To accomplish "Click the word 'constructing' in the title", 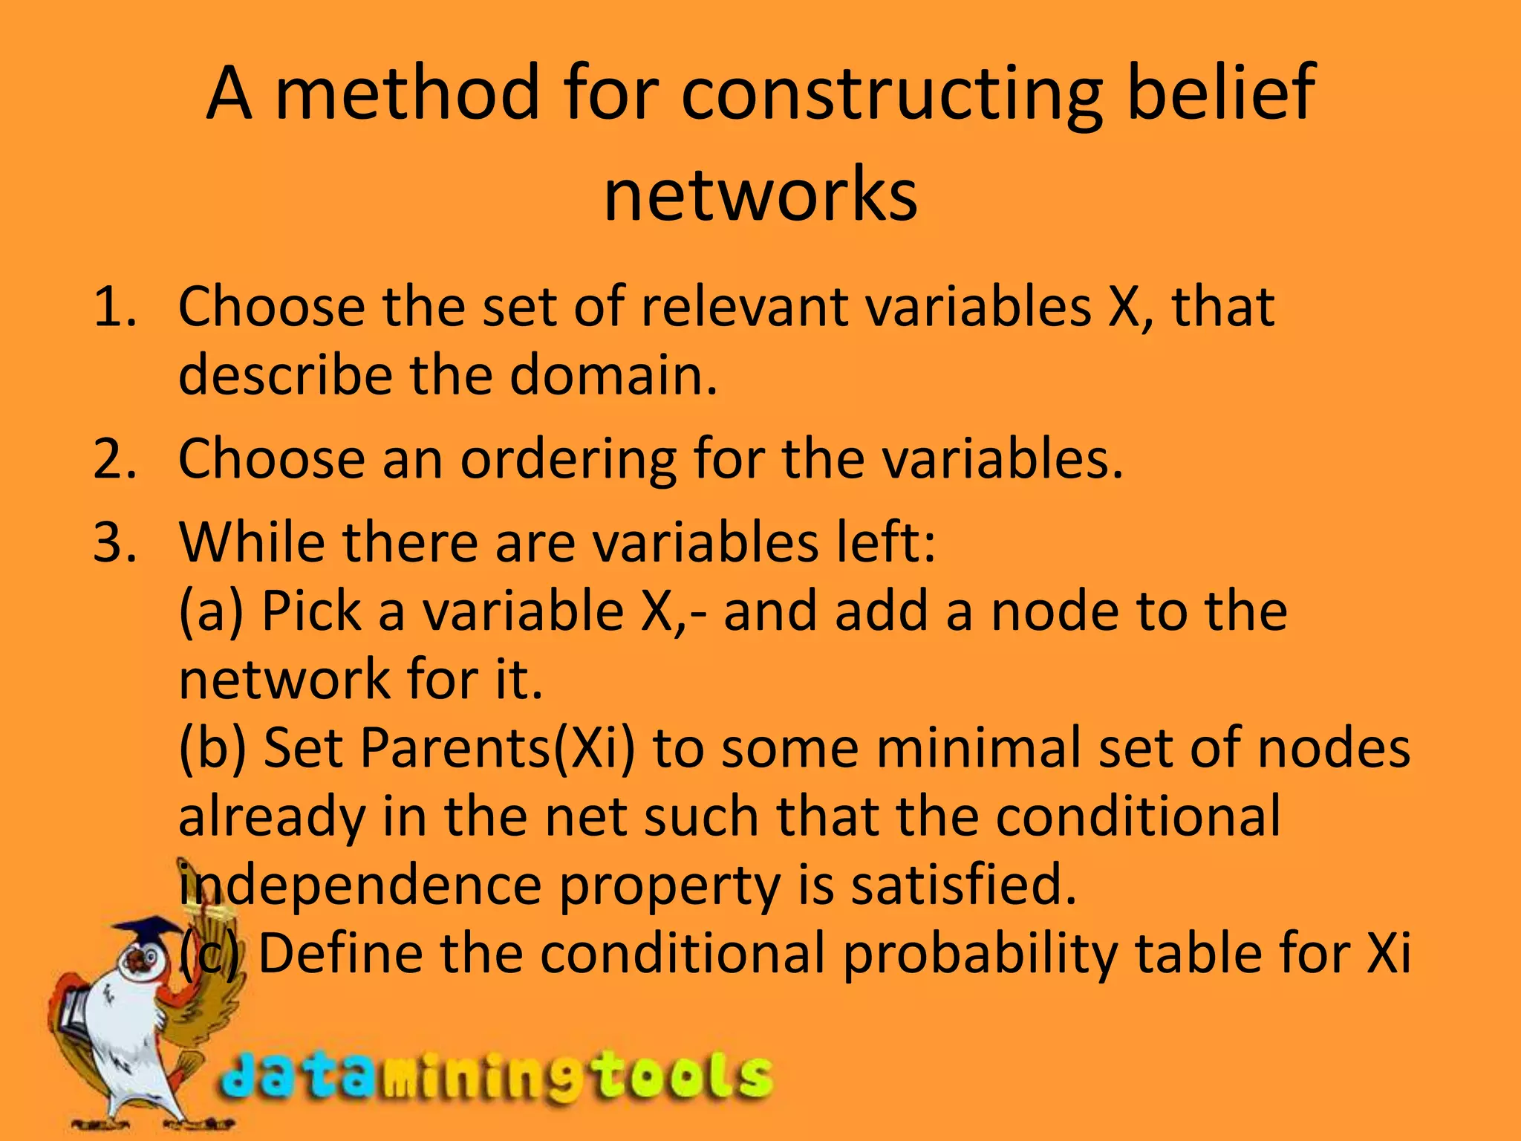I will [x=891, y=95].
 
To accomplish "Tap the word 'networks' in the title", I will [x=760, y=195].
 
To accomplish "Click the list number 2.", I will [x=114, y=459].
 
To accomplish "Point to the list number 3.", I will [x=114, y=542].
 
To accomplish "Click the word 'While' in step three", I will [x=251, y=542].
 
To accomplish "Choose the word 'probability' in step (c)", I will [x=980, y=954].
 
